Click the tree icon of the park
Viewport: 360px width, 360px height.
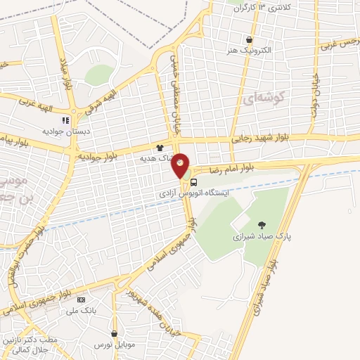pos(262,225)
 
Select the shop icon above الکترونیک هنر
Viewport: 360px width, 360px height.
pos(249,40)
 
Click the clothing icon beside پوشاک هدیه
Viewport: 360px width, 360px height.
pos(160,148)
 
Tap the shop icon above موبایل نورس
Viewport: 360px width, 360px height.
pos(114,334)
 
